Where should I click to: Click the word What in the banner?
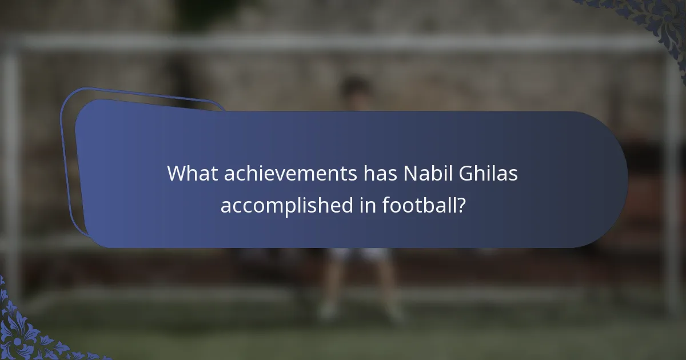[x=192, y=173]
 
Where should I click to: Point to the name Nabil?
[x=425, y=173]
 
